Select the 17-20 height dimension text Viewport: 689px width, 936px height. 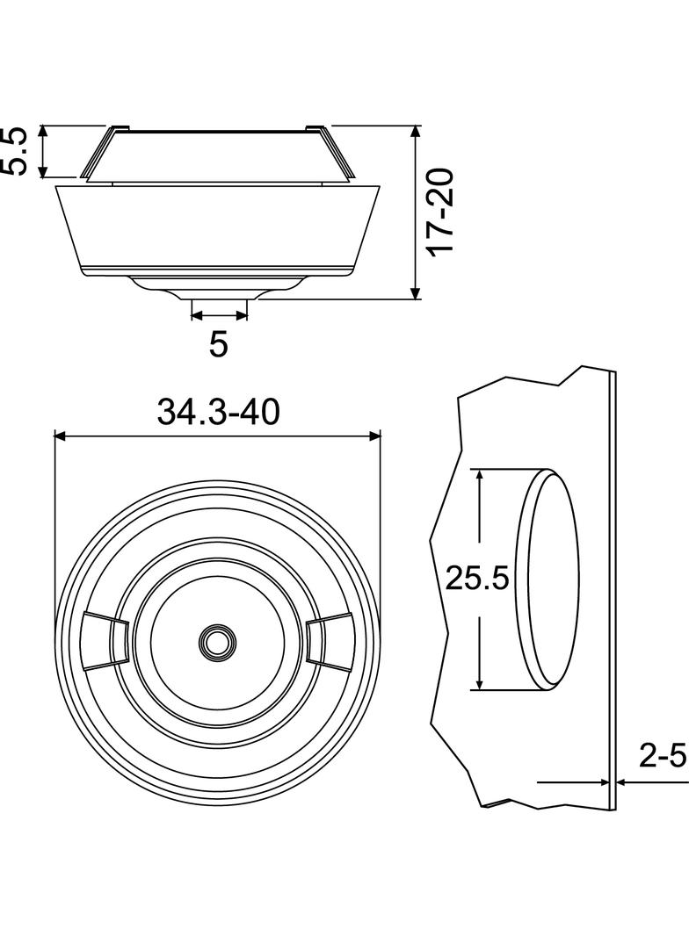[x=442, y=212]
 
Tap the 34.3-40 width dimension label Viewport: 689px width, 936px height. [x=218, y=412]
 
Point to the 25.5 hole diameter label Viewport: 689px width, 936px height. [x=477, y=578]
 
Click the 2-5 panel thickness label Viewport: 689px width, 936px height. [x=663, y=757]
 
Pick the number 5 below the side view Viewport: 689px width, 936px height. [x=219, y=344]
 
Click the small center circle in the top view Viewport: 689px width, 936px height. [x=217, y=643]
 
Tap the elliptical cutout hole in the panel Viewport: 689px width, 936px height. [x=548, y=579]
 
